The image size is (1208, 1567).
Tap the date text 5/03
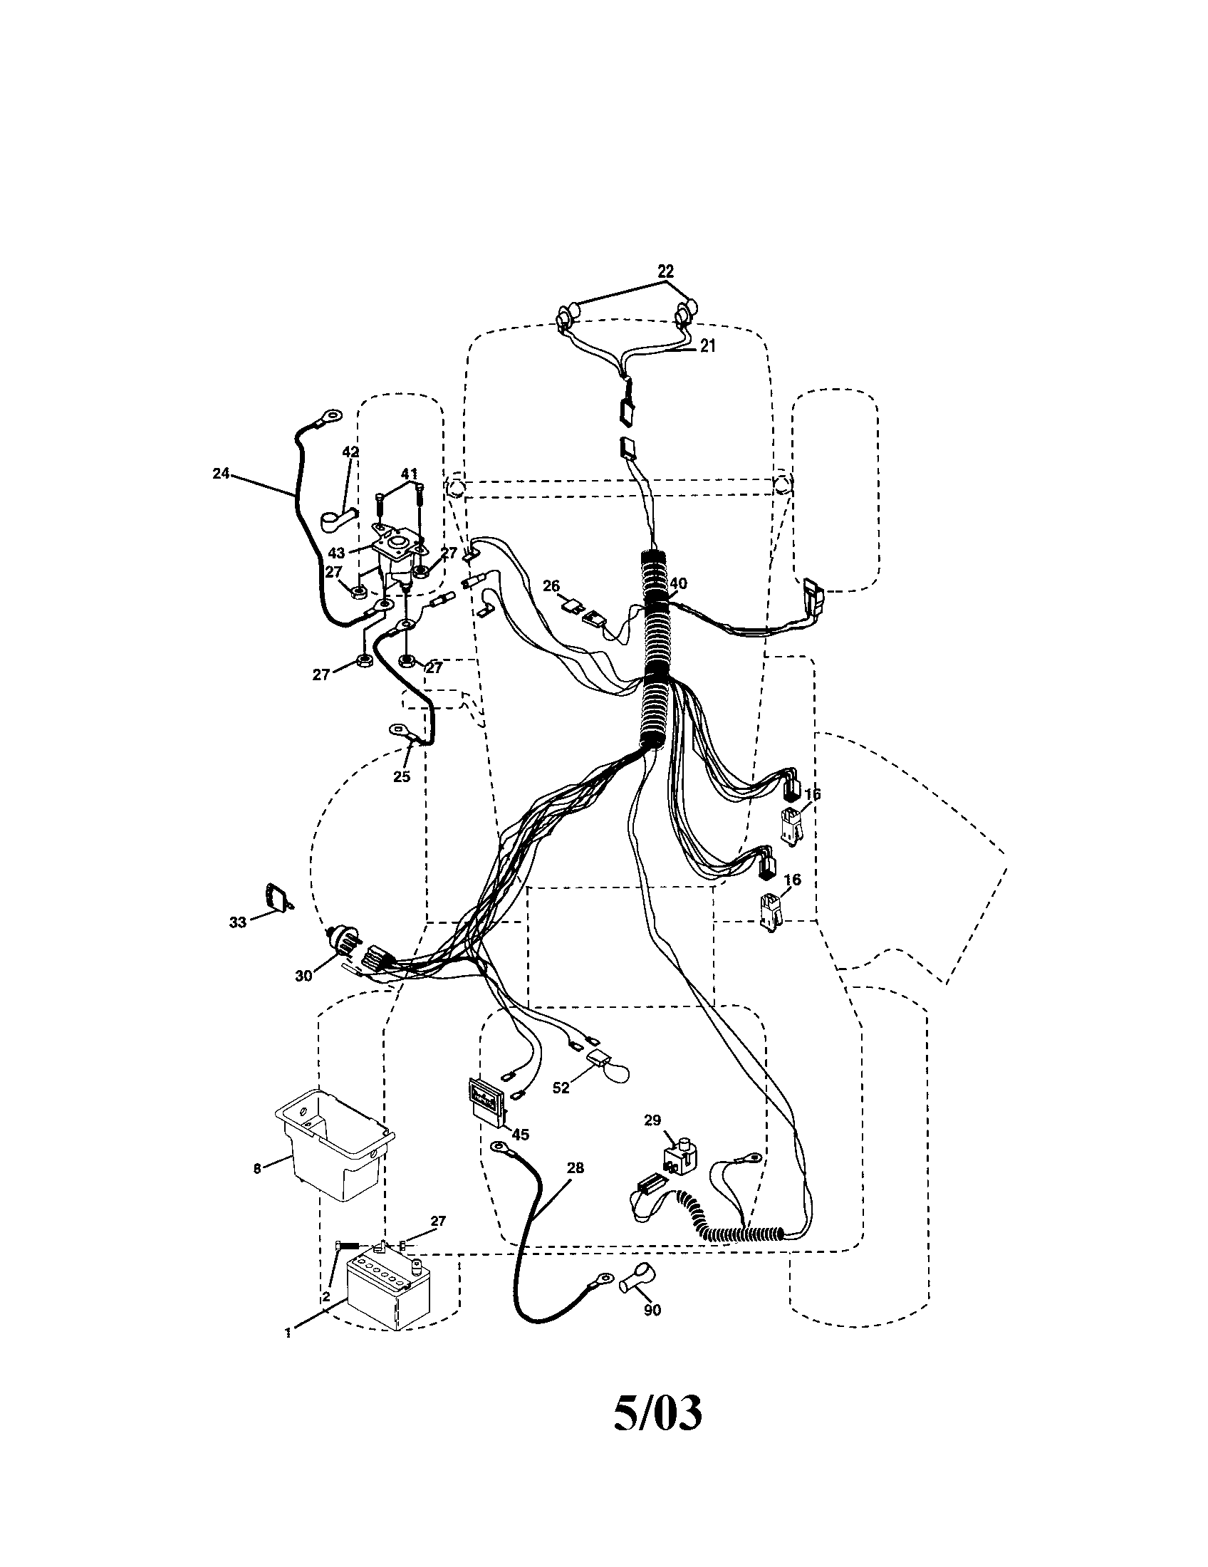657,1434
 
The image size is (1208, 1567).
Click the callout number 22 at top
666,271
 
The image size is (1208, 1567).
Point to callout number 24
221,473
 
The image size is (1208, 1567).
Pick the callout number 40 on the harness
678,583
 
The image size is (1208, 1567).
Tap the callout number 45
520,1135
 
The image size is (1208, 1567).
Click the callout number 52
561,1088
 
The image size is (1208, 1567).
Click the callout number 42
350,452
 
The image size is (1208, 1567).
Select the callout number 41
409,473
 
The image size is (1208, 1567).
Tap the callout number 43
336,553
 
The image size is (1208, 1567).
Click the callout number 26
551,585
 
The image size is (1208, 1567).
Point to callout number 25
402,776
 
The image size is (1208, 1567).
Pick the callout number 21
707,345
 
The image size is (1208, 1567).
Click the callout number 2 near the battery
326,1296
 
